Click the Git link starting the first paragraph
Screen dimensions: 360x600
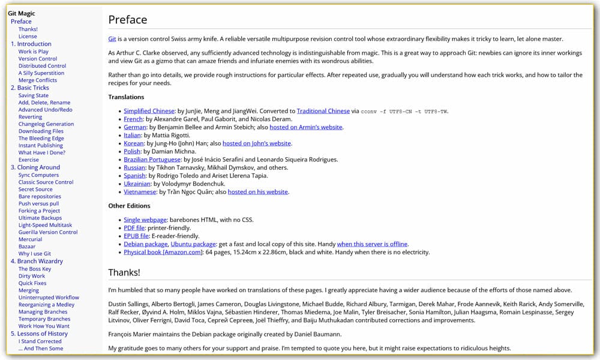tap(112, 39)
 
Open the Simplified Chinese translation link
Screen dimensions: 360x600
tap(149, 111)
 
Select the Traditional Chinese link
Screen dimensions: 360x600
tap(323, 111)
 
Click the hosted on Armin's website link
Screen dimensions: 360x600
tap(305, 127)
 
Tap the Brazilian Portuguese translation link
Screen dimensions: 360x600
tap(152, 160)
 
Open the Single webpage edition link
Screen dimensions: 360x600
tap(145, 220)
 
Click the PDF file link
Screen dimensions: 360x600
tap(134, 228)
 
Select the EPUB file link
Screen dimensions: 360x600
tap(136, 236)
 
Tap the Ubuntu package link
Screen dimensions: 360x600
tap(193, 244)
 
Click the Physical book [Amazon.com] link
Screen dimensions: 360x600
tap(163, 253)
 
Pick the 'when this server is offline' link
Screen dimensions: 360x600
tap(372, 244)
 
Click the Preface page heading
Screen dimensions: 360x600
tap(127, 20)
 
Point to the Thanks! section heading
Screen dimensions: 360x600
tap(124, 272)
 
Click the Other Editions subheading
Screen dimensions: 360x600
tap(129, 206)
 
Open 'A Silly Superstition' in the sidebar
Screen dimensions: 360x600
tap(41, 73)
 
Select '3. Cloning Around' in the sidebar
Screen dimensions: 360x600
tap(35, 167)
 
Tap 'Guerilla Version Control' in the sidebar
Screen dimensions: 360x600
tap(48, 232)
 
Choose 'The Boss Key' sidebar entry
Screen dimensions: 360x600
tap(35, 269)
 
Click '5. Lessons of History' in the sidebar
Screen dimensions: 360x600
tap(39, 334)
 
